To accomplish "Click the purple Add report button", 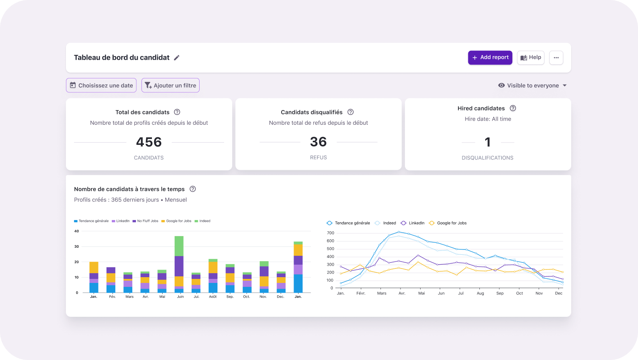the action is click(x=490, y=57).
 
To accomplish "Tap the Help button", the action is click(x=531, y=57).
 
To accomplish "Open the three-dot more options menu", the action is click(x=556, y=57).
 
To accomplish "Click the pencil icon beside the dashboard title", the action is click(x=176, y=57).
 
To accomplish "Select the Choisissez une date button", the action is click(x=101, y=85).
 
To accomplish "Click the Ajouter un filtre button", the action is click(x=170, y=85).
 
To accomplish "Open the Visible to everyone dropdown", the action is click(x=532, y=86).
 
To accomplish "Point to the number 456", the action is click(x=149, y=142).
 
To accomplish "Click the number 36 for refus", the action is click(x=318, y=142).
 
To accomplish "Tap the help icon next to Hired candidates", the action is click(x=513, y=108).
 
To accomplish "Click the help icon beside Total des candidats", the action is click(x=177, y=112).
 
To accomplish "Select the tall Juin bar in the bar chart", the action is click(x=179, y=264).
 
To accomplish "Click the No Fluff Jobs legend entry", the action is click(x=145, y=221).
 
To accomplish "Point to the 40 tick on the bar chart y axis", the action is click(x=76, y=231).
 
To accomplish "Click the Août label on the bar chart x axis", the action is click(x=213, y=296).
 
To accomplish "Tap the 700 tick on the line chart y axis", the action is click(x=331, y=233).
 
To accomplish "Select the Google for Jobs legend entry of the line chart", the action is click(x=448, y=223).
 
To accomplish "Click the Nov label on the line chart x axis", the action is click(x=539, y=293).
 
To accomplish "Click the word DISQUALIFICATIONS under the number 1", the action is click(x=487, y=158).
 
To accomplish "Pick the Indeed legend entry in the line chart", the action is click(x=385, y=223).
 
